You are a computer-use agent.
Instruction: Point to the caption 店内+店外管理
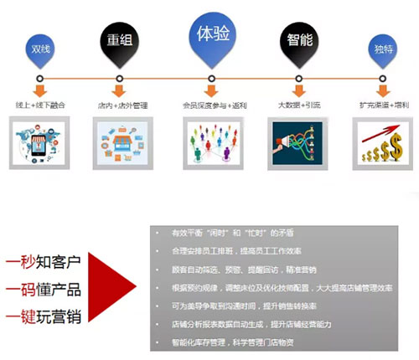pyautogui.click(x=122, y=105)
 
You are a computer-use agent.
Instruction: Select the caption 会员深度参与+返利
pyautogui.click(x=211, y=105)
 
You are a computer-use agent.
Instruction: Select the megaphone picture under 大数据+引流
pyautogui.click(x=297, y=144)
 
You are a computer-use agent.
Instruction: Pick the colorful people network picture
pyautogui.click(x=211, y=144)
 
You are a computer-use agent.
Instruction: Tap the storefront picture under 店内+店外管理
pyautogui.click(x=122, y=144)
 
